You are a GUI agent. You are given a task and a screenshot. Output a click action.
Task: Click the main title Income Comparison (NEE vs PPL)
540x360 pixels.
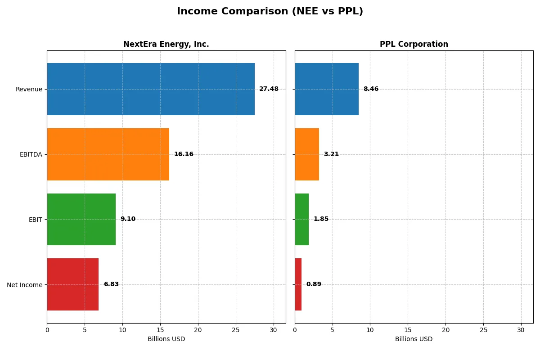(x=270, y=12)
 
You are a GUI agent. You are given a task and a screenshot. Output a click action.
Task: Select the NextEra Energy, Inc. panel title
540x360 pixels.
(x=166, y=44)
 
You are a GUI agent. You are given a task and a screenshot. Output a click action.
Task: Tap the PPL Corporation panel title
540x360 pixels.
(x=414, y=44)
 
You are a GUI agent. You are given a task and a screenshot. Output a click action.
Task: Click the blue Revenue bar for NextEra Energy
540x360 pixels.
(x=151, y=89)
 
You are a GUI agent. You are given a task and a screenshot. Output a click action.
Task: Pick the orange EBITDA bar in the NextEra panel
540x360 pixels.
(x=108, y=154)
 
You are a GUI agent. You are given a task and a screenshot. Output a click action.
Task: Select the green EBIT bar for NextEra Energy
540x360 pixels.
(x=81, y=219)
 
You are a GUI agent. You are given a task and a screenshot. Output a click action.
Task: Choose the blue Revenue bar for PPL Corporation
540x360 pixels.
(x=327, y=89)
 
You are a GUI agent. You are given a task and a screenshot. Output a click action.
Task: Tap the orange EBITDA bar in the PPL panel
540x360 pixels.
(x=307, y=154)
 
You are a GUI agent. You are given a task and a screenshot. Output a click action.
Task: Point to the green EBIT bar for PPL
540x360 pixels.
(x=302, y=219)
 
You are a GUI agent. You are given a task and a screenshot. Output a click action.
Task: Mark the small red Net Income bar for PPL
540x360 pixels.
(x=298, y=284)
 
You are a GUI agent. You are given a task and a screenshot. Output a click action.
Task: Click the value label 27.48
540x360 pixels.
(x=269, y=89)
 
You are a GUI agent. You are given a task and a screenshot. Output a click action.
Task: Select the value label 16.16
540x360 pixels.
(x=184, y=154)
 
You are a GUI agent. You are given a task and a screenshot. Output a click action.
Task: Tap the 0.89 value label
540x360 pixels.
(x=314, y=284)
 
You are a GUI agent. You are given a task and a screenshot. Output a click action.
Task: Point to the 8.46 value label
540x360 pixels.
(x=371, y=89)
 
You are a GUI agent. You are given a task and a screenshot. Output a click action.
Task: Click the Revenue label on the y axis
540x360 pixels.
(x=29, y=89)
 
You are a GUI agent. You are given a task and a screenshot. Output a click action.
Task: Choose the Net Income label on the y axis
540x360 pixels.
(x=25, y=285)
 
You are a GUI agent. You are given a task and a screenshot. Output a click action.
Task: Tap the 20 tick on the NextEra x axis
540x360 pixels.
(x=198, y=330)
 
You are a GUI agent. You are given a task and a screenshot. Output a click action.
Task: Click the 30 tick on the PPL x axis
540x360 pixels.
(x=521, y=330)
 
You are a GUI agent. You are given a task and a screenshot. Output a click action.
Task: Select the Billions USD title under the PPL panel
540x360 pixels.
(x=414, y=339)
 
